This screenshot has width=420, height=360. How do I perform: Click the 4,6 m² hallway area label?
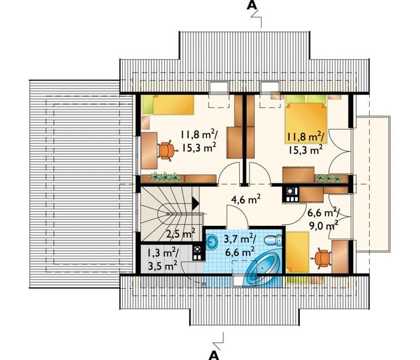tap(246, 200)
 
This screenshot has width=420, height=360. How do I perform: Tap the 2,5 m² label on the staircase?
tap(181, 233)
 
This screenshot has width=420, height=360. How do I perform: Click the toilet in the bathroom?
tap(273, 240)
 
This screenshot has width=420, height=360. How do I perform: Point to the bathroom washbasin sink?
tap(213, 242)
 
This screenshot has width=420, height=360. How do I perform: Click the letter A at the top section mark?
tap(251, 5)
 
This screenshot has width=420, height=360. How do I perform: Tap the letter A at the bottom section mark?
tap(214, 355)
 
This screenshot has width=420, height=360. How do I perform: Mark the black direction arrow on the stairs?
tap(195, 204)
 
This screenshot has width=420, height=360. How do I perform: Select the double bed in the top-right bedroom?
tap(306, 118)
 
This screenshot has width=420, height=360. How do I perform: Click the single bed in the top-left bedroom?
tap(168, 104)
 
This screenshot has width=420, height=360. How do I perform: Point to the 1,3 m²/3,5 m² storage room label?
tap(162, 259)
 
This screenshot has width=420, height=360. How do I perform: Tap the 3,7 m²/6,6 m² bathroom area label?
tap(239, 246)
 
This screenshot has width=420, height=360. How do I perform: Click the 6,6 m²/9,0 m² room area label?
tap(323, 220)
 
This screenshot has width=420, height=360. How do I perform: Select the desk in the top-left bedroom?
tap(149, 150)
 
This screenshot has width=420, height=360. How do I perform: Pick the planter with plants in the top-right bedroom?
tap(328, 178)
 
